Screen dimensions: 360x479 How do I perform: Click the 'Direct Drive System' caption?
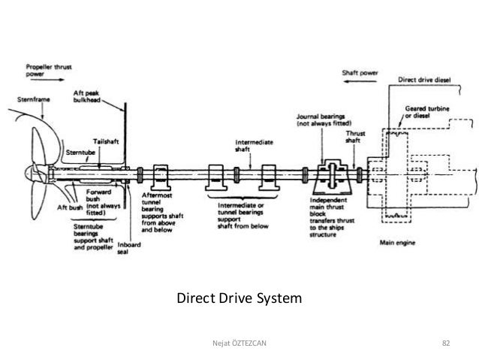point(238,300)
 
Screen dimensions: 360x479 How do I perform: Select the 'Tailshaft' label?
point(103,141)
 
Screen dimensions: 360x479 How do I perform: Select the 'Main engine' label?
point(396,241)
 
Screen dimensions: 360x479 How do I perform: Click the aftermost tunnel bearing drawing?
point(160,177)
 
